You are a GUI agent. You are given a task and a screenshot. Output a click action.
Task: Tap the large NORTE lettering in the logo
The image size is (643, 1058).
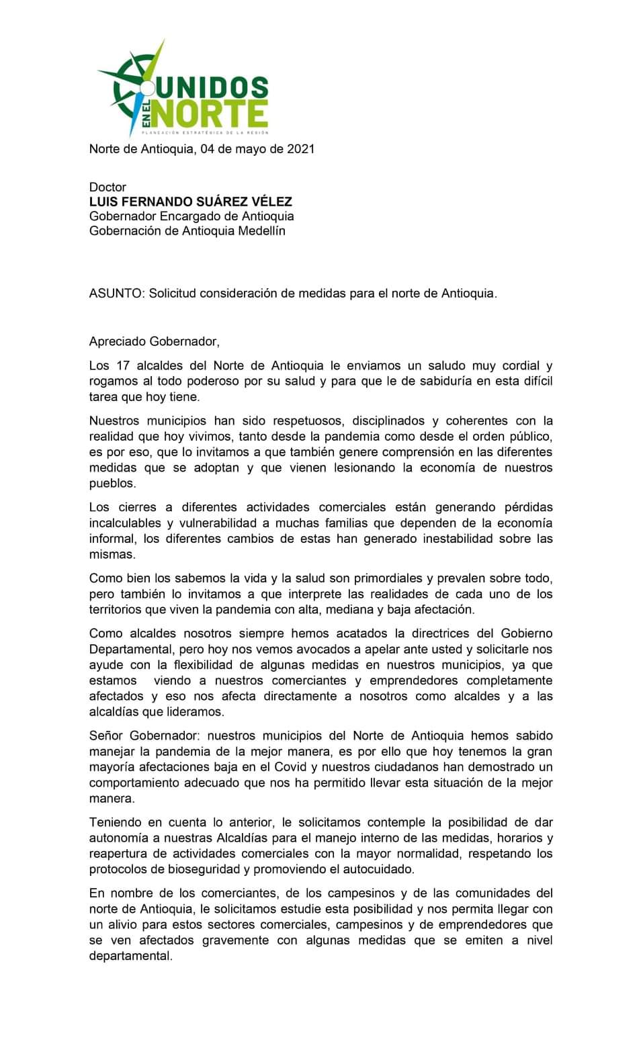pos(210,114)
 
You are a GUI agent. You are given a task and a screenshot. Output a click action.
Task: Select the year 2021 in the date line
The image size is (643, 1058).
pos(300,149)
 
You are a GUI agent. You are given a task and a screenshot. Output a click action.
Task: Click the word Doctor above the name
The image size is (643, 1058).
pos(108,187)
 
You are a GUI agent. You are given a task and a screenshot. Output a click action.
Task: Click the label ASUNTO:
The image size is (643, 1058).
pos(117,294)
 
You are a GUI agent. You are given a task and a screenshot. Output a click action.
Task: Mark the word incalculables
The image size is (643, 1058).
pos(125,523)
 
